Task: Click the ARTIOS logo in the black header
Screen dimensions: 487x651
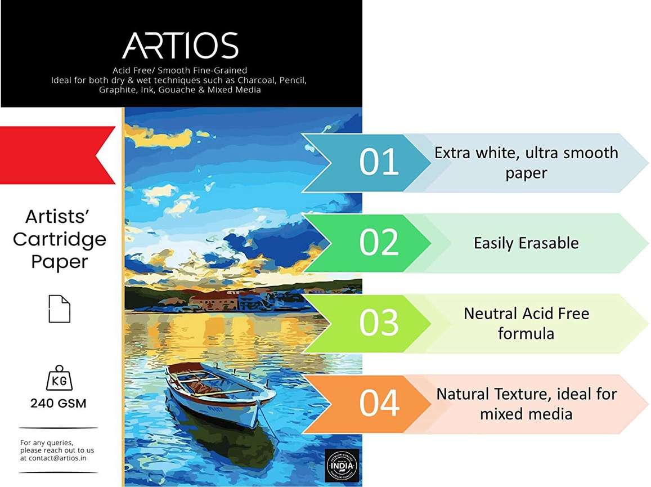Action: [x=180, y=46]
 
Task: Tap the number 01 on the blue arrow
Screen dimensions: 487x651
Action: [x=379, y=162]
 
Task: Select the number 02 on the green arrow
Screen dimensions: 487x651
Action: [x=379, y=242]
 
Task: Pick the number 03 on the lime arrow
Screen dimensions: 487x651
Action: [x=379, y=323]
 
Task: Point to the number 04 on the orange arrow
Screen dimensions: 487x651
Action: [x=379, y=403]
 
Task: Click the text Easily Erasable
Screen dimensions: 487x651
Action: [x=526, y=243]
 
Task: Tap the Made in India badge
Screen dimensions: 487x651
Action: [x=338, y=464]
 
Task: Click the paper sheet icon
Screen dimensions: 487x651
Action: [x=59, y=309]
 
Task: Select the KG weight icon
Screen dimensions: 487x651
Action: [x=59, y=378]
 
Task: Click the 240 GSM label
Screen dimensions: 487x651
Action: [x=59, y=403]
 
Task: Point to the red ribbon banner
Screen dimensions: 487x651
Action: [x=56, y=155]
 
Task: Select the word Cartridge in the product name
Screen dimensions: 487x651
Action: [x=60, y=239]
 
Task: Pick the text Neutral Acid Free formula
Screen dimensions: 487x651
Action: [x=526, y=323]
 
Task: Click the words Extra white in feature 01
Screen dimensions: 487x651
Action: [x=473, y=153]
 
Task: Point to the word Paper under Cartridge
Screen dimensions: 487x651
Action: [x=59, y=262]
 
